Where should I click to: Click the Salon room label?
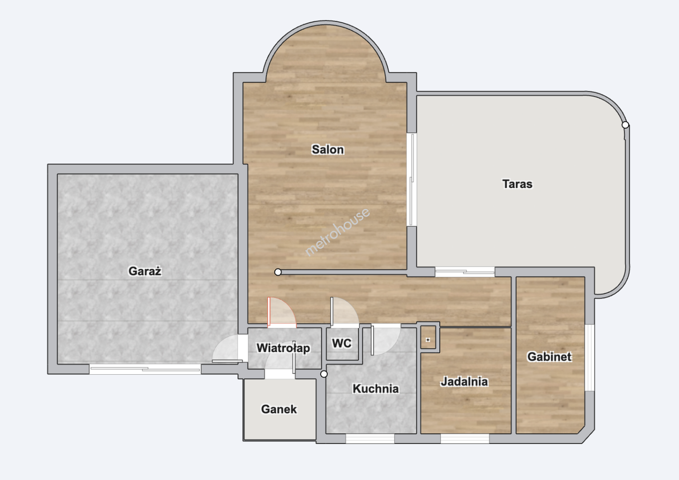(x=328, y=150)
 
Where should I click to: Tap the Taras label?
(x=517, y=184)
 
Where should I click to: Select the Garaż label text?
(x=145, y=271)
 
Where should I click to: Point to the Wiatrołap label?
(x=283, y=348)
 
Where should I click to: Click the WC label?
(x=342, y=344)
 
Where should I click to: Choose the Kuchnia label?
(x=376, y=389)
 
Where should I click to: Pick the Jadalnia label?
(x=464, y=382)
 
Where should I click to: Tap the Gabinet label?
(x=549, y=357)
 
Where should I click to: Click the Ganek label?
(x=279, y=409)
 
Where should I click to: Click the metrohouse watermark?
(x=337, y=232)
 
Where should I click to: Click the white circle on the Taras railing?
(x=625, y=125)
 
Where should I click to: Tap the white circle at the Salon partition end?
(x=277, y=272)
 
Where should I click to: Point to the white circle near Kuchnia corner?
(x=324, y=374)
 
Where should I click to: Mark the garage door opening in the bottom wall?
(x=145, y=369)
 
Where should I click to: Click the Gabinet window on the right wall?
(x=590, y=358)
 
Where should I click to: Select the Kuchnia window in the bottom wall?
(x=370, y=439)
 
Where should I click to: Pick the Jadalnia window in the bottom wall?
(x=465, y=439)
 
